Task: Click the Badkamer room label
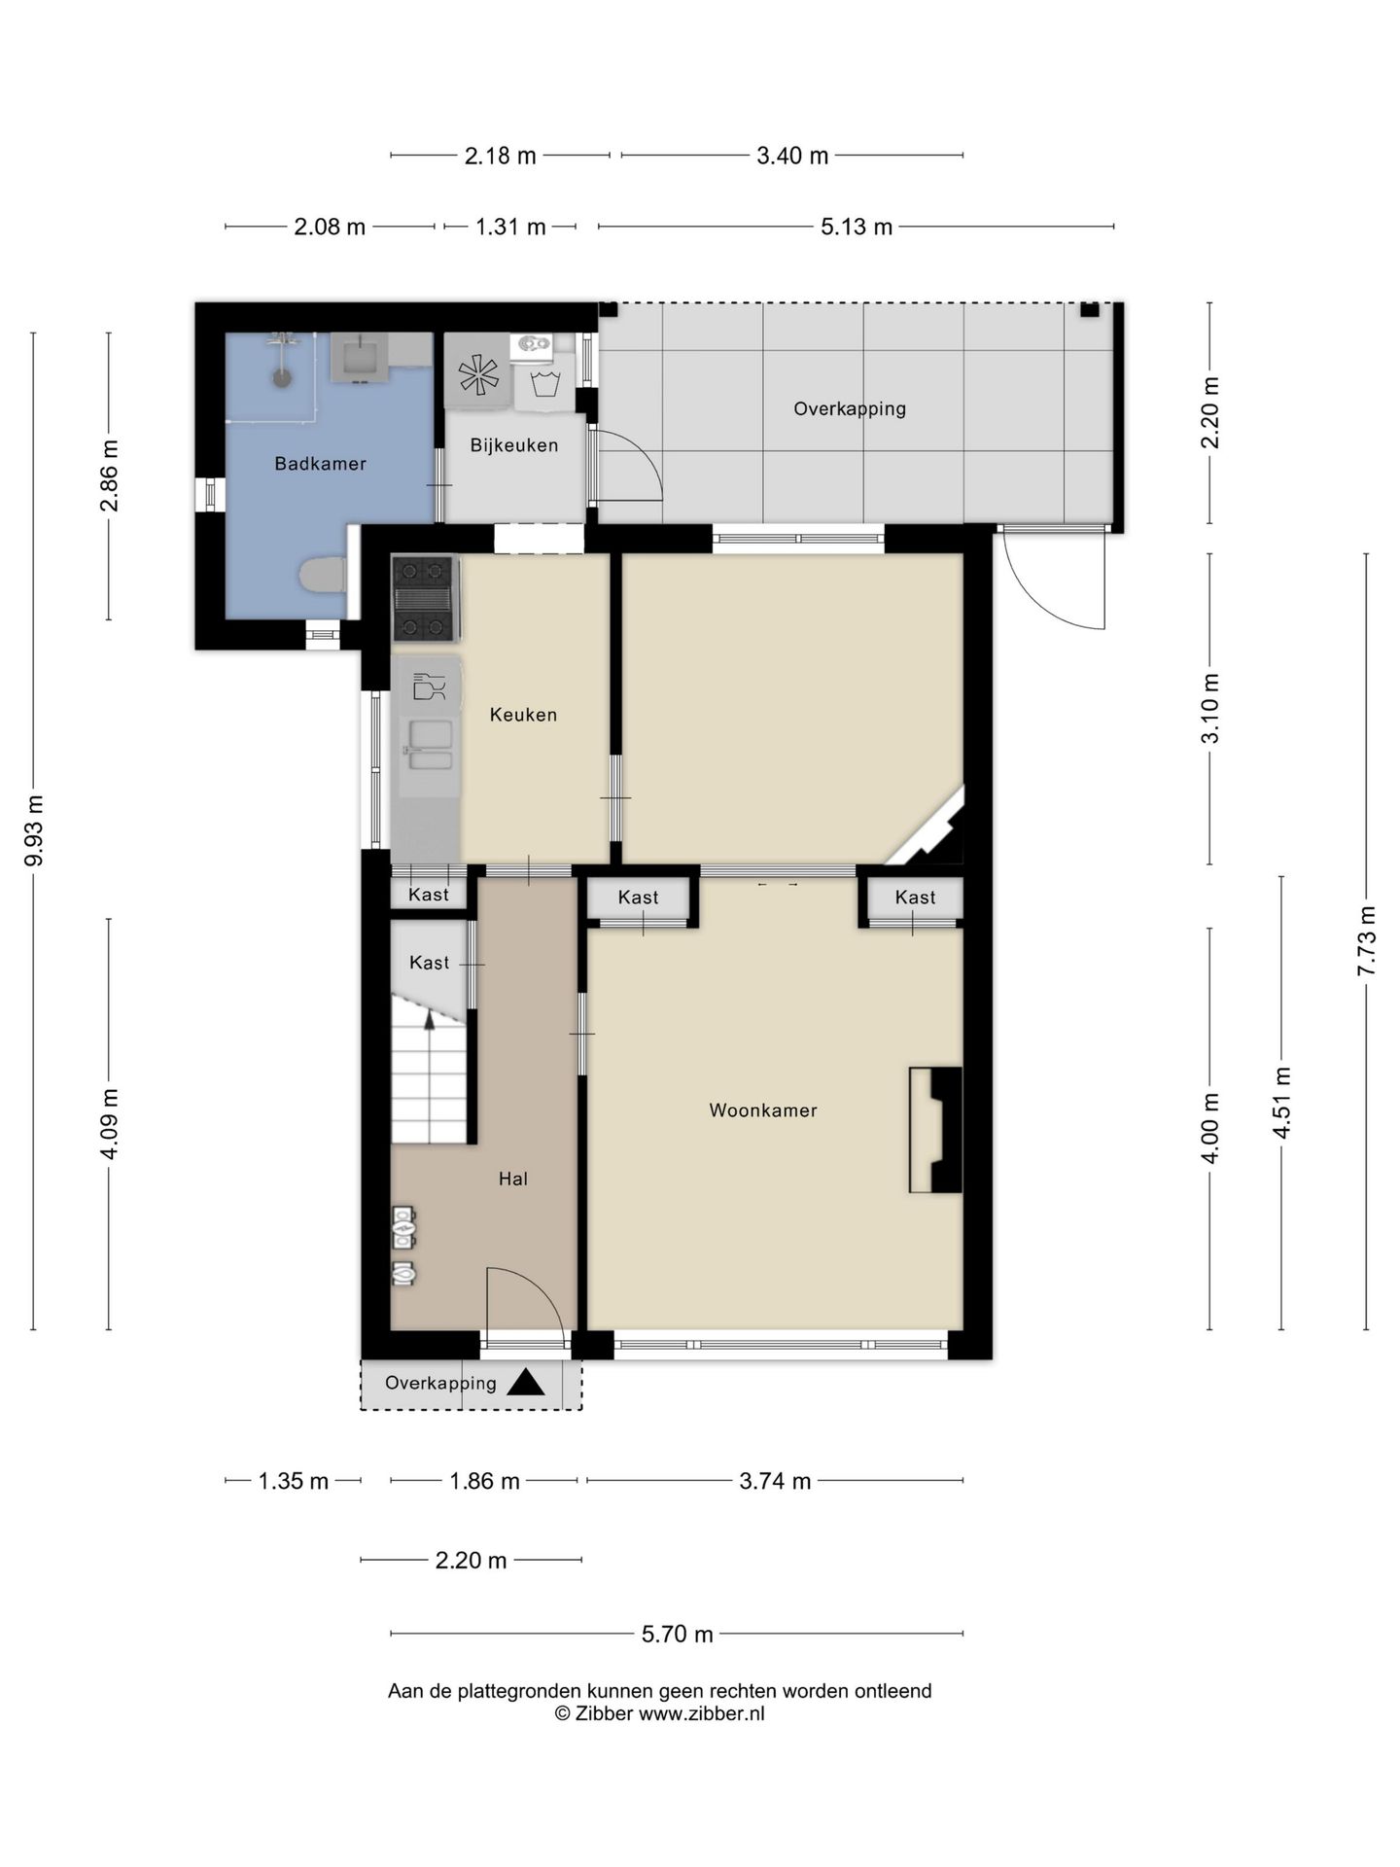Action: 320,464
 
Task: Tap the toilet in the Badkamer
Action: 323,575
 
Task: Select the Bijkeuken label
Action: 514,445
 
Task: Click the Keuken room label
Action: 523,715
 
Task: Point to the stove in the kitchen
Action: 424,598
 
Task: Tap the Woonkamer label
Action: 763,1110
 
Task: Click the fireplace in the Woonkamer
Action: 935,1130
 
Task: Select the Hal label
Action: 513,1180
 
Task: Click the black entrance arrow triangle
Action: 526,1383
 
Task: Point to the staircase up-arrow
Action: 430,1018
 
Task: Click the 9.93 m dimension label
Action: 34,830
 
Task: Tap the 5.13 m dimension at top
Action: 857,227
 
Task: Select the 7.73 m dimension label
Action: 1367,941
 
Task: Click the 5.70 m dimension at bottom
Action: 678,1635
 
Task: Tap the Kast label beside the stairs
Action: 430,963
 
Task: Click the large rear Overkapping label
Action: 850,409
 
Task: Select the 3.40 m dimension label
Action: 792,156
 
